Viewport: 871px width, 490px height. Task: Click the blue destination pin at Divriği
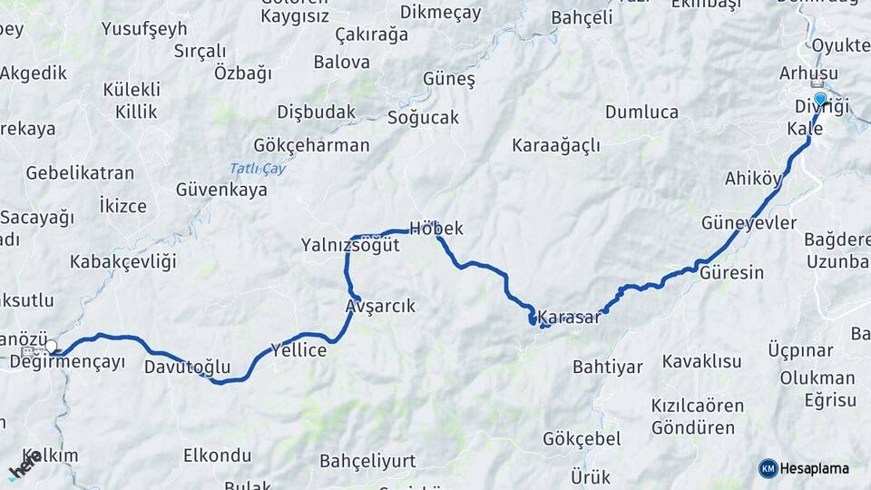pyautogui.click(x=820, y=99)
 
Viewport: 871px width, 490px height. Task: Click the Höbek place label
pyautogui.click(x=436, y=229)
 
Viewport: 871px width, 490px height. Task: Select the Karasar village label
pyautogui.click(x=569, y=318)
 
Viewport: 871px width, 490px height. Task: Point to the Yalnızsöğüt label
pyautogui.click(x=350, y=245)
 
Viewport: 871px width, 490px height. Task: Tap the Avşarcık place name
pyautogui.click(x=380, y=307)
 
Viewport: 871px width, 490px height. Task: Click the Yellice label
pyautogui.click(x=298, y=350)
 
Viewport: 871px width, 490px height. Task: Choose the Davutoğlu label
pyautogui.click(x=187, y=367)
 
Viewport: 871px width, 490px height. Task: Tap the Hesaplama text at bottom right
pyautogui.click(x=816, y=468)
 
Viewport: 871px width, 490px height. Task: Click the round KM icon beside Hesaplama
pyautogui.click(x=768, y=468)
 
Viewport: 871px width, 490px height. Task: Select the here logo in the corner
pyautogui.click(x=24, y=465)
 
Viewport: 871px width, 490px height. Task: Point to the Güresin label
pyautogui.click(x=732, y=272)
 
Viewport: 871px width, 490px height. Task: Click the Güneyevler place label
pyautogui.click(x=749, y=223)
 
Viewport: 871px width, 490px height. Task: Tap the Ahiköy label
pyautogui.click(x=753, y=179)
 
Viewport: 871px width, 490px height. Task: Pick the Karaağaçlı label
pyautogui.click(x=556, y=146)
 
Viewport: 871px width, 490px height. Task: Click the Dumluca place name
pyautogui.click(x=641, y=113)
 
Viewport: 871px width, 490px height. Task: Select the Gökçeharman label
pyautogui.click(x=311, y=145)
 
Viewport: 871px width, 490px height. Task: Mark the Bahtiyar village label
pyautogui.click(x=607, y=367)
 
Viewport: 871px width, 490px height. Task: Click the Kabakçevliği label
pyautogui.click(x=122, y=262)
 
